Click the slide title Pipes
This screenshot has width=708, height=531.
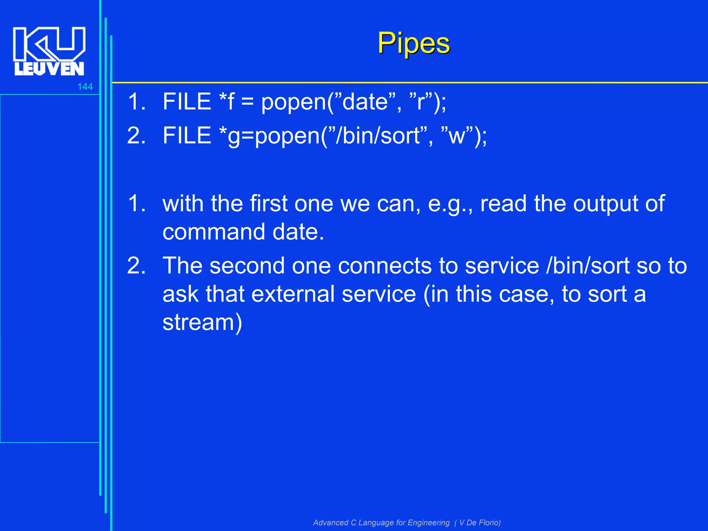[x=413, y=43]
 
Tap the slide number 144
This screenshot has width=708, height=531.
[x=85, y=87]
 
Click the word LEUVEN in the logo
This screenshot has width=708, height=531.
[x=49, y=69]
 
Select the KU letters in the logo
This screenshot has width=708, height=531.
[x=49, y=43]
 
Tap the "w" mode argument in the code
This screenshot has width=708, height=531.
[x=456, y=136]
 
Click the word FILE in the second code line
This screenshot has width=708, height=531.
[x=187, y=136]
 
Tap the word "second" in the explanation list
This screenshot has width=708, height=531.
[x=247, y=266]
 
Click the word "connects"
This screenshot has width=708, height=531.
[x=384, y=266]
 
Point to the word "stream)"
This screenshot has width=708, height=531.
[x=202, y=323]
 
